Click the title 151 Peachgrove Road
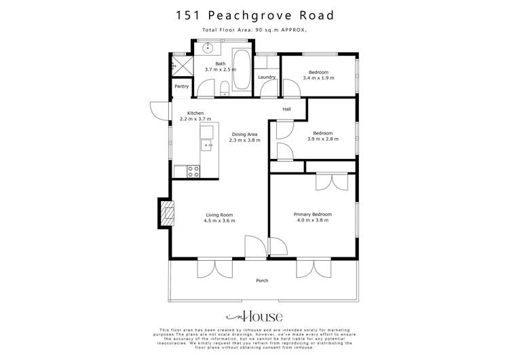(254, 14)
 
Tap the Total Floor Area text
(254, 30)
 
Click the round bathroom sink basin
(208, 48)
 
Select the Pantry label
(181, 86)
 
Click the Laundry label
(267, 77)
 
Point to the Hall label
(287, 109)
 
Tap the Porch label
(261, 281)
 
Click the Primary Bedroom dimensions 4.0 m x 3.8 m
(311, 221)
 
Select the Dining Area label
(244, 134)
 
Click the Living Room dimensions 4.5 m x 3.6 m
(220, 221)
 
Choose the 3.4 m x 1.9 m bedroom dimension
(319, 77)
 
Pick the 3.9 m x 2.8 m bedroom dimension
(322, 139)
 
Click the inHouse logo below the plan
(254, 317)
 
